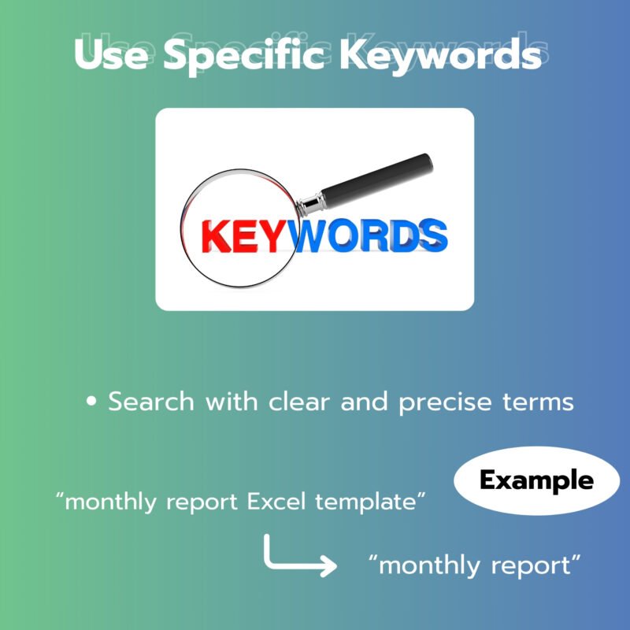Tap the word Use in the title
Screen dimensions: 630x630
coord(111,54)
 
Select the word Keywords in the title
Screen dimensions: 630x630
coord(441,55)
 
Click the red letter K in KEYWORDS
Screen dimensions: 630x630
coord(216,236)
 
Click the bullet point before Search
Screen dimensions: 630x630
coord(91,401)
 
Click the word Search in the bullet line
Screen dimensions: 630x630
coord(151,402)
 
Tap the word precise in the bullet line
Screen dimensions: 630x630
coord(445,402)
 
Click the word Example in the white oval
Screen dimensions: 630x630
coord(536,481)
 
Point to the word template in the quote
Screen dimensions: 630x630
coord(365,502)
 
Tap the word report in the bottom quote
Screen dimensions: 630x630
coord(531,565)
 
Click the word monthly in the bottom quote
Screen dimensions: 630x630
coord(429,565)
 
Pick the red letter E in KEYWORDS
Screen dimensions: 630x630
coord(246,236)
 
